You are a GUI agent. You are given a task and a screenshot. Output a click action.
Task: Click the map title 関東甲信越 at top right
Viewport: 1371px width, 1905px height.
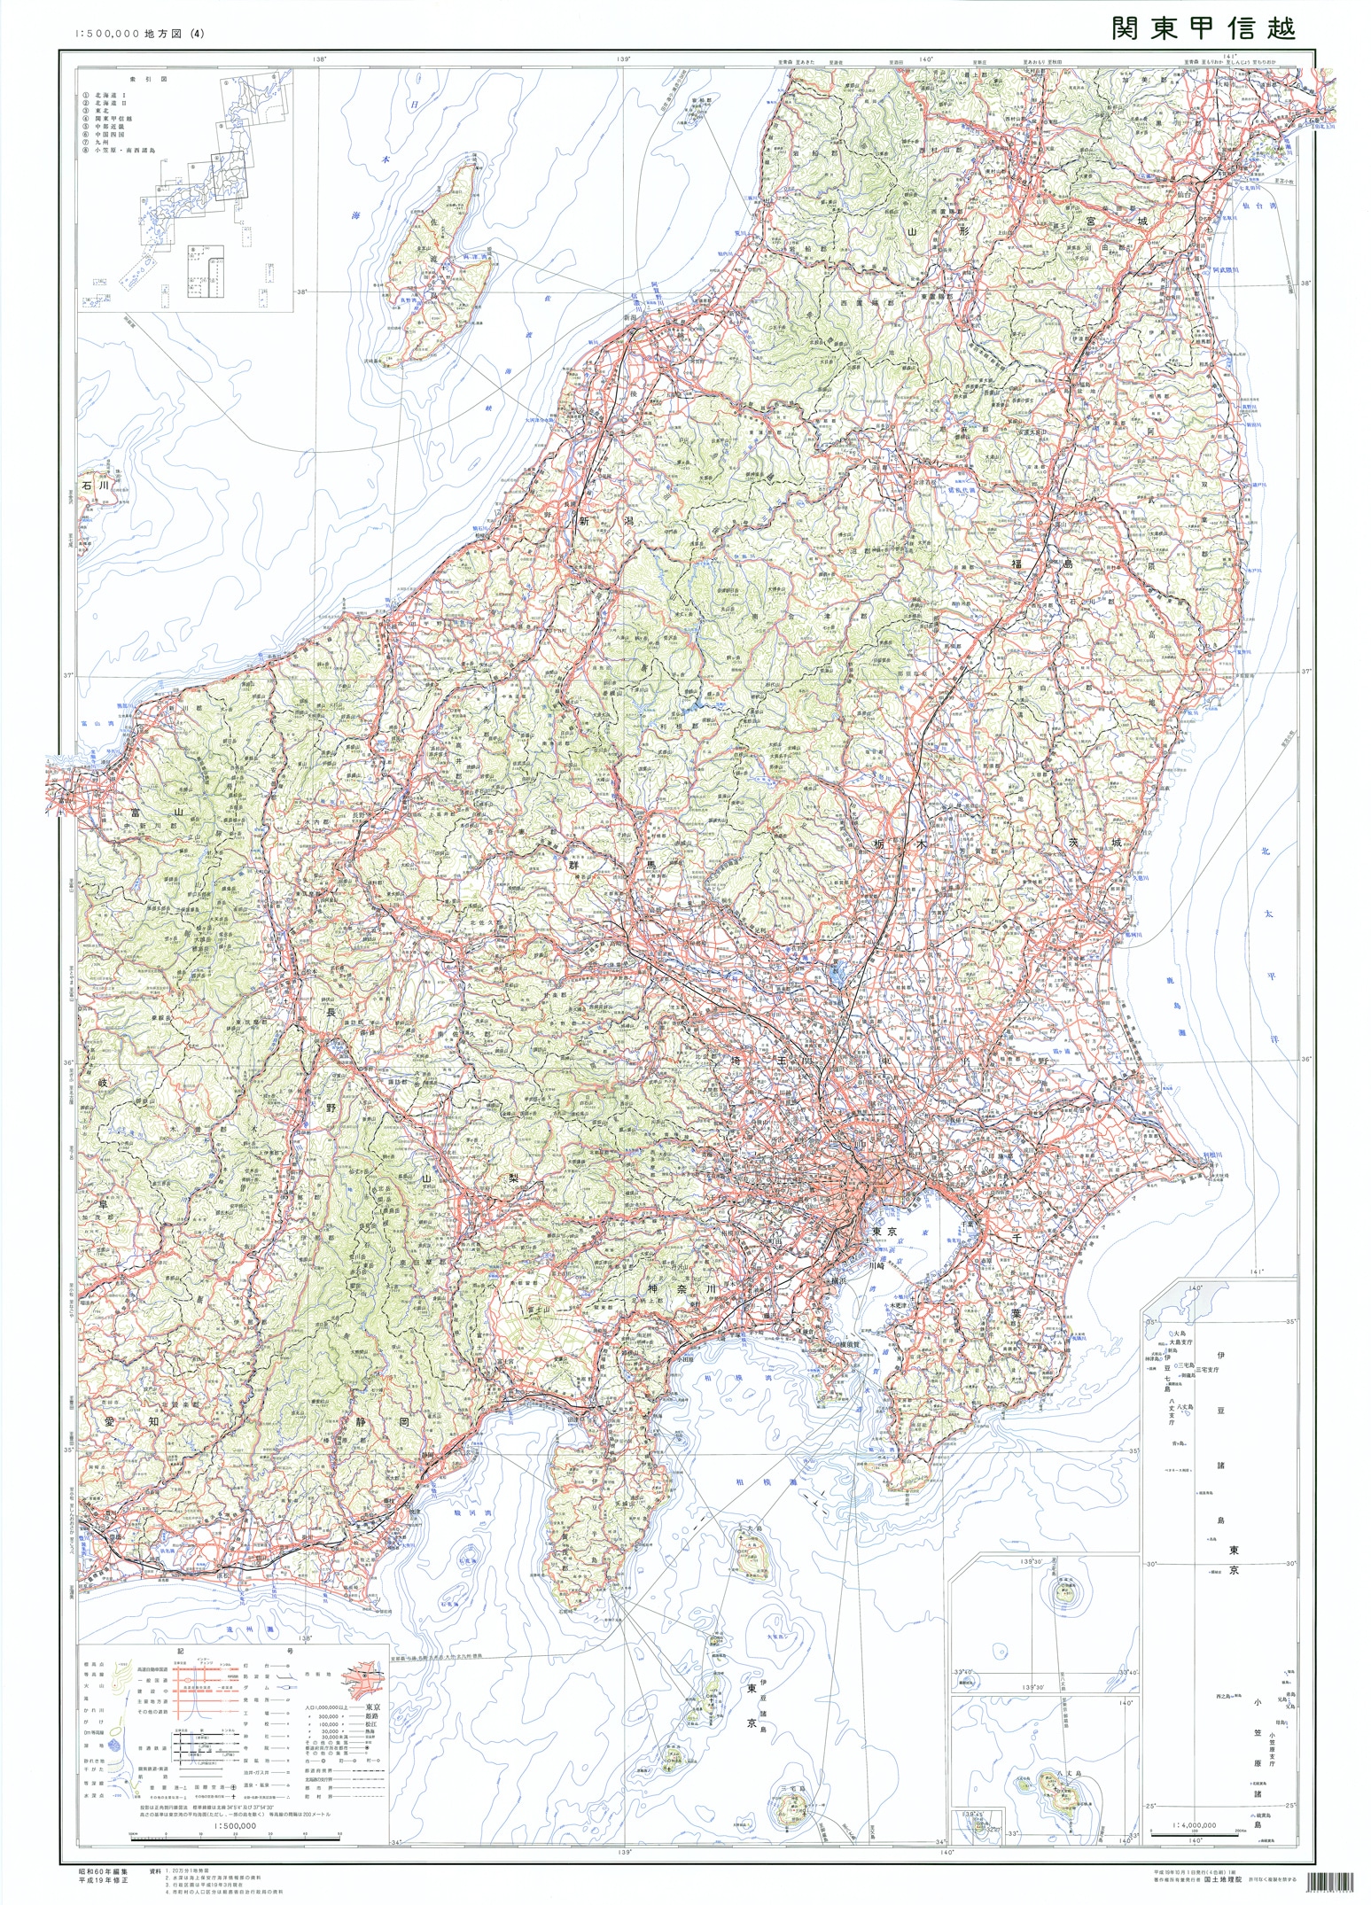1204,28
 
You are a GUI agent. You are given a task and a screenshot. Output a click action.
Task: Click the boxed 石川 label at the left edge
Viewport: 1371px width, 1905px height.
92,486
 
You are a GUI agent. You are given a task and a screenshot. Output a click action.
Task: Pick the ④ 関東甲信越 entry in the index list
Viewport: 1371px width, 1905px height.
111,118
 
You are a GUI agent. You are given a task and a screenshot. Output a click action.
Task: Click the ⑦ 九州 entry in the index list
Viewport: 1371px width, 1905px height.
100,142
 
